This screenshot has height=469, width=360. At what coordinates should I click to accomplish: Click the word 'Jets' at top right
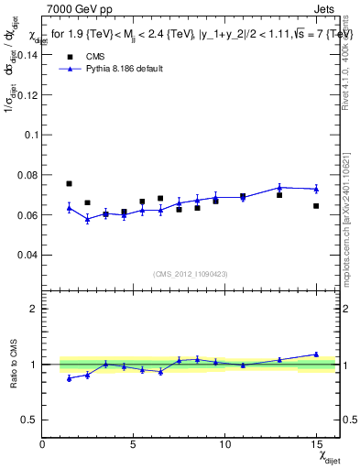tap(328, 9)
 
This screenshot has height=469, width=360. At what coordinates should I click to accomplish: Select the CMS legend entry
tap(89, 56)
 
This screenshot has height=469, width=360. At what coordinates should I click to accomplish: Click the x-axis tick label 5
tap(134, 443)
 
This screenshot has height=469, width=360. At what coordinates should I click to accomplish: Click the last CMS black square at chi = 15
tap(316, 206)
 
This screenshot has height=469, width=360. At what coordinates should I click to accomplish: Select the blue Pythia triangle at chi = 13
tap(279, 187)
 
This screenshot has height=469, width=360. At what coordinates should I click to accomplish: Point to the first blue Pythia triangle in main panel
tap(69, 207)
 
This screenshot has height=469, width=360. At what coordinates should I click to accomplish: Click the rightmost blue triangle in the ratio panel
tap(316, 354)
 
